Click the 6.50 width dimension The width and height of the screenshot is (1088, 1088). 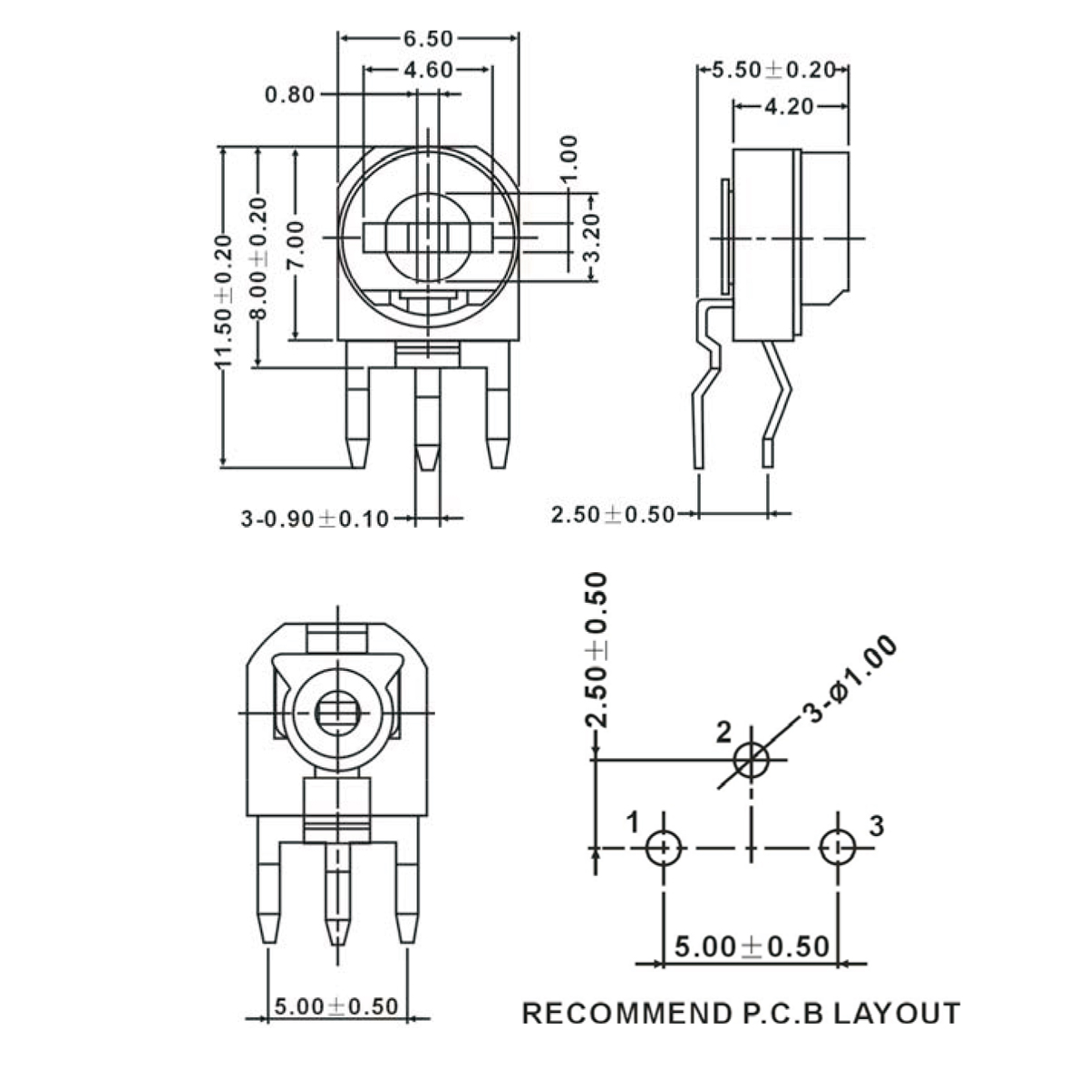coord(428,38)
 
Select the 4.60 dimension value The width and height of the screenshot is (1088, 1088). coord(428,70)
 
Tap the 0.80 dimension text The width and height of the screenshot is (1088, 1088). coord(289,94)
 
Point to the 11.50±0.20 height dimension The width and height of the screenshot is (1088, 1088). coord(224,302)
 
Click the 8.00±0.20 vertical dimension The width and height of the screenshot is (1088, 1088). coord(258,258)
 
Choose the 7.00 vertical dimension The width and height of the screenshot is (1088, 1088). coord(296,245)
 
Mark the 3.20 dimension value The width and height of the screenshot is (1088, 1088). coord(591,238)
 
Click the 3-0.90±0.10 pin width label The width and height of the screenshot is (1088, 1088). coord(315,519)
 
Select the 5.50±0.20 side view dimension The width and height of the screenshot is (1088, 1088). coord(773,70)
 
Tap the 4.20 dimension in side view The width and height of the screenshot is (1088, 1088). coord(790,106)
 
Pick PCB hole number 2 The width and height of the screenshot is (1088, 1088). coord(752,760)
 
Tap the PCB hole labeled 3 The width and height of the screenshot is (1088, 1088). coord(838,848)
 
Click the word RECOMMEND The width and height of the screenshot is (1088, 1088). coord(627,1014)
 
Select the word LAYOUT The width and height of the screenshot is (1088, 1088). coord(898,1014)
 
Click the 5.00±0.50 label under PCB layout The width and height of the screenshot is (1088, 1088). coord(752,947)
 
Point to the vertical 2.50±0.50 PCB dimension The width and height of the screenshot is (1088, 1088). coord(597,650)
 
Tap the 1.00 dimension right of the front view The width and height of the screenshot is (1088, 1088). coord(569,158)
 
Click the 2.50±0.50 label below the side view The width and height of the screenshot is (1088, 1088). coord(613,515)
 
